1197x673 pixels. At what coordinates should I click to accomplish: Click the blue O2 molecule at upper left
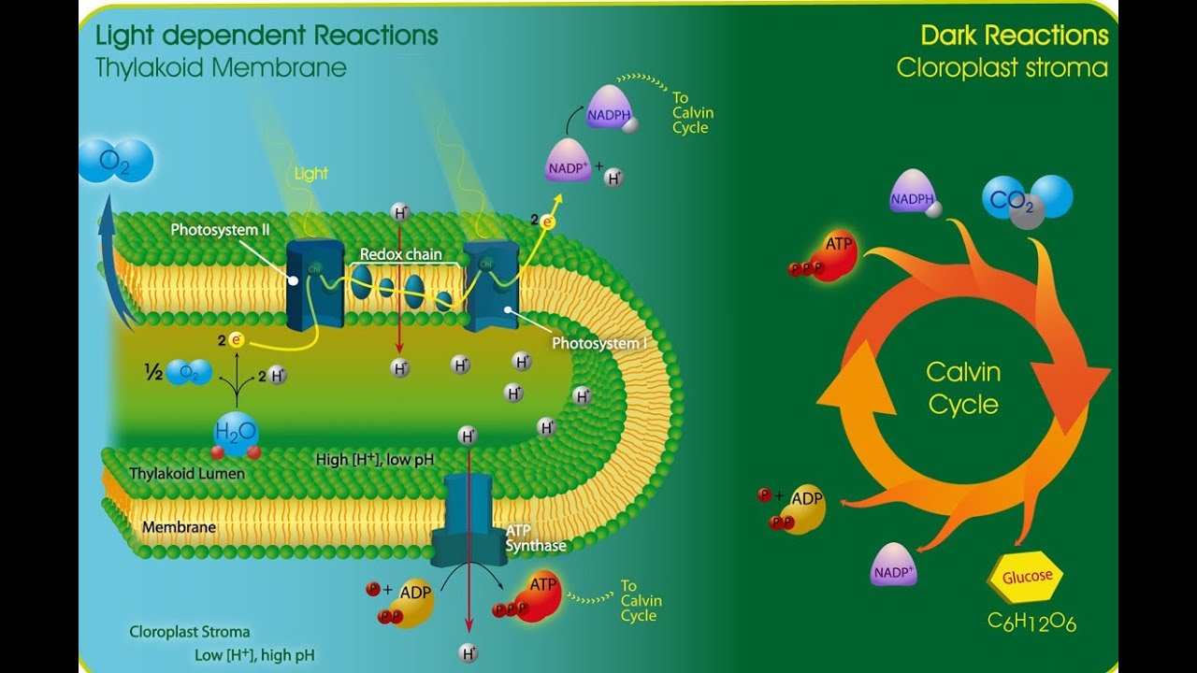point(115,161)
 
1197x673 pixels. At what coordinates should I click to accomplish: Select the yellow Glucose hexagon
point(1026,577)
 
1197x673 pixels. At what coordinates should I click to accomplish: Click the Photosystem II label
point(221,230)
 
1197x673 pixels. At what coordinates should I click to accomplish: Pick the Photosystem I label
point(598,343)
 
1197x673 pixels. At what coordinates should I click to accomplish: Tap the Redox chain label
point(401,254)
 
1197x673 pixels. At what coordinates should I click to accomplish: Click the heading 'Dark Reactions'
point(1014,36)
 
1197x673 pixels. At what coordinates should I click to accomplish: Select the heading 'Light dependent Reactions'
point(267,36)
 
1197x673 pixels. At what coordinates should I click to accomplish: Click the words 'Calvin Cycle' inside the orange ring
point(963,388)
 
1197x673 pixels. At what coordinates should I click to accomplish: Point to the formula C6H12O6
point(1031,622)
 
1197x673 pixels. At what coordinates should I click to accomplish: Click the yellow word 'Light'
point(311,174)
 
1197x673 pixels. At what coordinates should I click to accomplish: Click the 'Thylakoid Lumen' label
point(187,474)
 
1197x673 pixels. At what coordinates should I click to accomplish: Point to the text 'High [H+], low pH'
point(374,459)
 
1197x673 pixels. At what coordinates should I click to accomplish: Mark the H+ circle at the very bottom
point(468,652)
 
